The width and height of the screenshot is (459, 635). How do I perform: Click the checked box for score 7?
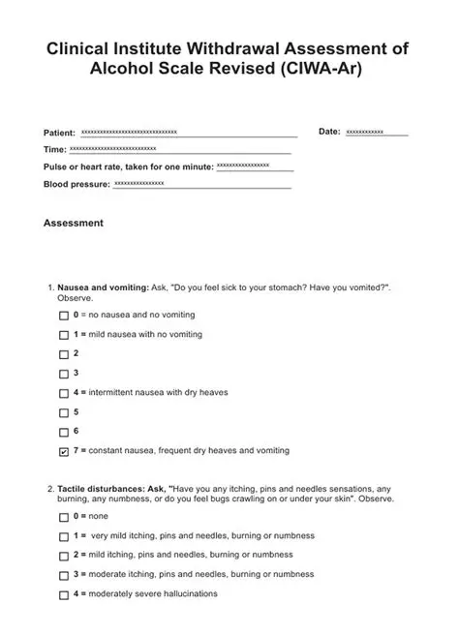(x=64, y=452)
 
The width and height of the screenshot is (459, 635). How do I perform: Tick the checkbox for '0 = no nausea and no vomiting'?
(x=64, y=317)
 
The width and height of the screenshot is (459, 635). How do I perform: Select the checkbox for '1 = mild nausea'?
(x=64, y=335)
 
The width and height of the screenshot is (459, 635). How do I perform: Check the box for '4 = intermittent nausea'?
(x=64, y=393)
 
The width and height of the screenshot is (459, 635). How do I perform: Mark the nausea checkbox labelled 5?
(x=64, y=412)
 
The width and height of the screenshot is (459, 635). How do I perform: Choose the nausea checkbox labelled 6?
(x=64, y=432)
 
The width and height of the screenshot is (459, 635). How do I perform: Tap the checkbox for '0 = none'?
(x=64, y=518)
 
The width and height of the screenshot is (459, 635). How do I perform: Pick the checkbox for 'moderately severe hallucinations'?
(x=64, y=594)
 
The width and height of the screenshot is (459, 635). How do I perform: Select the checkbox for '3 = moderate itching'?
(x=64, y=575)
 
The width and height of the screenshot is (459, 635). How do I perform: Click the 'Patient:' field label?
(x=60, y=132)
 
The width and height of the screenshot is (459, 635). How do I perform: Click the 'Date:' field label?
(x=329, y=131)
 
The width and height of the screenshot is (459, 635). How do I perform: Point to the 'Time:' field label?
(x=54, y=150)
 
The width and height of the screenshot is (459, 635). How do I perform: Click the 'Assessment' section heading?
(x=74, y=223)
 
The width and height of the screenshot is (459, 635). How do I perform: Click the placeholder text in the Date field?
(x=365, y=132)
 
